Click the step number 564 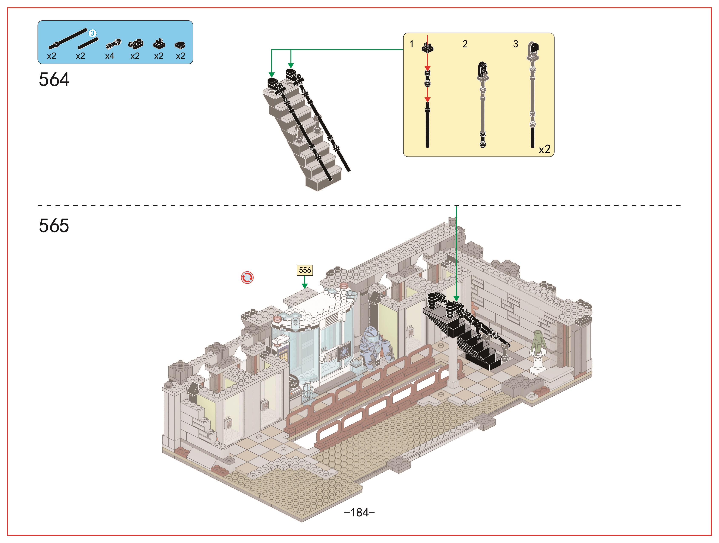(54, 80)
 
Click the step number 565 (54, 225)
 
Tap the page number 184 (360, 512)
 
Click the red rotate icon (247, 278)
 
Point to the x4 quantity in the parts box (110, 56)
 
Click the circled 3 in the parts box (92, 33)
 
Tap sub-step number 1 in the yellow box (412, 44)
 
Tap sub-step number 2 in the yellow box (465, 44)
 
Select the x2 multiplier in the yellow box (545, 149)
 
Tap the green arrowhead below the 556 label (304, 286)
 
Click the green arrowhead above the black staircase (456, 299)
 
